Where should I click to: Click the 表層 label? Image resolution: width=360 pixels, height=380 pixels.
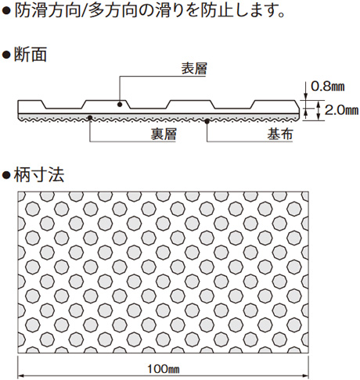194,69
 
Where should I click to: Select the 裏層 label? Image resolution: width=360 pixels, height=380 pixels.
164,134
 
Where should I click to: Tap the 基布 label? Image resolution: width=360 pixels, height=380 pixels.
280,134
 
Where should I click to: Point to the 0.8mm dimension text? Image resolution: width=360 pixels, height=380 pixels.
327,86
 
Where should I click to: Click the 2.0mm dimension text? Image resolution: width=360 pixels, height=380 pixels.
341,110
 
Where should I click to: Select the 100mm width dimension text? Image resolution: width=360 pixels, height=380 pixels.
164,369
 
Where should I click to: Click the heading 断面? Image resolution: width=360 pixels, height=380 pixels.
31,55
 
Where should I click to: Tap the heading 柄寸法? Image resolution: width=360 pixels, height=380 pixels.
39,174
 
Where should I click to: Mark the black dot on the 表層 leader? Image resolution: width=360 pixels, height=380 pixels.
120,105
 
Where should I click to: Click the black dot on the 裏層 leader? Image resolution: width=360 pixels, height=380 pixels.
90,117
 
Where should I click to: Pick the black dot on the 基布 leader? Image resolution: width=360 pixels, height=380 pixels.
207,121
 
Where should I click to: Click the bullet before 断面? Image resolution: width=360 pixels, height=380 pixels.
6,55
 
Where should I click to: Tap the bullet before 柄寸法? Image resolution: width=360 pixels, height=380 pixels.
6,174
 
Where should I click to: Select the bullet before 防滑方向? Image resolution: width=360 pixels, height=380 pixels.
6,11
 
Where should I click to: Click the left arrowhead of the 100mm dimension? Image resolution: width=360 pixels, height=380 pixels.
20,376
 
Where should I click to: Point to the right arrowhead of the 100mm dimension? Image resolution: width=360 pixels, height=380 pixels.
306,376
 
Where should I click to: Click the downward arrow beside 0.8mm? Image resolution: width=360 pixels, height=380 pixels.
305,91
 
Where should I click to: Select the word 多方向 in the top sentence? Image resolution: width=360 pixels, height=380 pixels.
113,11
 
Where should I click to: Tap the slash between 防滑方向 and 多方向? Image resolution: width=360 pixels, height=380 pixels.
85,11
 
